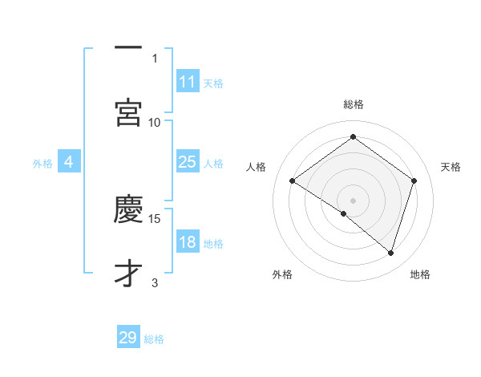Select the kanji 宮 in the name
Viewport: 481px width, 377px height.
point(128,112)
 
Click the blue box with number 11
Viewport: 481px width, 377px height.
point(188,82)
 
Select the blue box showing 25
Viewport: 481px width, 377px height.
point(188,163)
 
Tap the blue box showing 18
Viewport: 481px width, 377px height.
point(188,243)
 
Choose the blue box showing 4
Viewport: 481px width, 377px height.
point(69,163)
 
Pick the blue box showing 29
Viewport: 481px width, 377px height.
point(128,338)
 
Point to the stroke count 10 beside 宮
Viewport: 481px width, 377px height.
point(155,122)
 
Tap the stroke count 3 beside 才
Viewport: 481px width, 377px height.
point(155,282)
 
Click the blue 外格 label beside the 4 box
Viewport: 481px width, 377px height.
point(42,164)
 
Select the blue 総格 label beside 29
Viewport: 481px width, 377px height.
point(154,339)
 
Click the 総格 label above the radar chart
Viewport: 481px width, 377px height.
point(354,104)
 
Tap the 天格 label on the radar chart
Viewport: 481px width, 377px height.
point(451,167)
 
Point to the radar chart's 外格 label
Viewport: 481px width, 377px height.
point(281,274)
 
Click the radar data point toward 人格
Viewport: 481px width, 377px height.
point(293,181)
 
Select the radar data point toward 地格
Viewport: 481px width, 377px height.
point(390,253)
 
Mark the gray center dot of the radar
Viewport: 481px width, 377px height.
point(353,200)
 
